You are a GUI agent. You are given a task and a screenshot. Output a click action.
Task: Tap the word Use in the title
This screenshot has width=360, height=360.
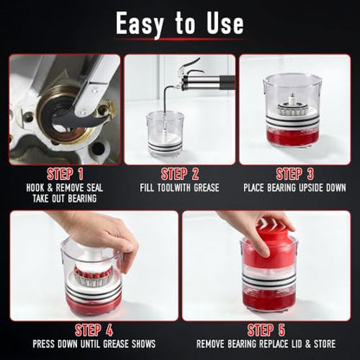pyautogui.click(x=225, y=23)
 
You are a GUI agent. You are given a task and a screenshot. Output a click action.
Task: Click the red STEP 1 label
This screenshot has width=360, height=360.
pyautogui.click(x=65, y=174)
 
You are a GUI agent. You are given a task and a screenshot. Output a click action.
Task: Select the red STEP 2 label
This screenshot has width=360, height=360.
pyautogui.click(x=180, y=174)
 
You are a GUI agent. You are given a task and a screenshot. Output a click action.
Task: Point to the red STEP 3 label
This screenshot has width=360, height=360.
pyautogui.click(x=294, y=174)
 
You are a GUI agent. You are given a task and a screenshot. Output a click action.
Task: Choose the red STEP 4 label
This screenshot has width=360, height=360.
pyautogui.click(x=93, y=331)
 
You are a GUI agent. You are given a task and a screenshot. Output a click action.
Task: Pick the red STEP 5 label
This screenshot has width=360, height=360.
pyautogui.click(x=266, y=331)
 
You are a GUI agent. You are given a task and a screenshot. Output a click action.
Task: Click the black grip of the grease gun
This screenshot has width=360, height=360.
pyautogui.click(x=228, y=80)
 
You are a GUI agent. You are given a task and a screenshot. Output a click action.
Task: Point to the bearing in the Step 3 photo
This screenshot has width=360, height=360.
pyautogui.click(x=293, y=106)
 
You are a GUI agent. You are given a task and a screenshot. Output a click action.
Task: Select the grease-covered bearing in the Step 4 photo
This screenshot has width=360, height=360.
pyautogui.click(x=93, y=276)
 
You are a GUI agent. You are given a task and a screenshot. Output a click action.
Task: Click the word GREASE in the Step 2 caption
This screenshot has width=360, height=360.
pyautogui.click(x=206, y=188)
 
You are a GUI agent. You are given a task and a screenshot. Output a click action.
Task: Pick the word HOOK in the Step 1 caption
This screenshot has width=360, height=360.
pyautogui.click(x=35, y=188)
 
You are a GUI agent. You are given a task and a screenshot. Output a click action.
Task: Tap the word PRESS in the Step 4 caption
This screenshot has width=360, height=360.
pyautogui.click(x=44, y=344)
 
